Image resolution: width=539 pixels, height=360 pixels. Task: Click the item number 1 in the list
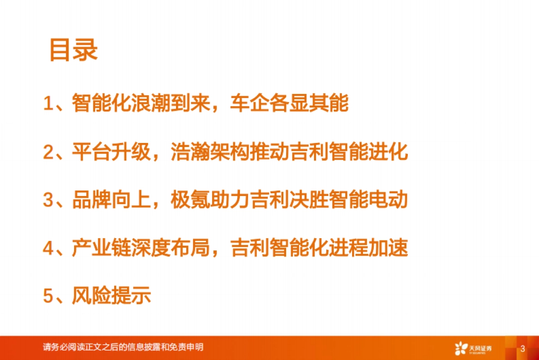pos(48,104)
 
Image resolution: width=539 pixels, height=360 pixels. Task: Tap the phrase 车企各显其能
pos(289,104)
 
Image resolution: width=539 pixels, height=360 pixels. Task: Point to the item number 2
pos(48,152)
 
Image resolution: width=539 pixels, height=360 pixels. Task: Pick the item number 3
pos(48,200)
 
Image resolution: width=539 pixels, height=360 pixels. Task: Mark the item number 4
pos(48,248)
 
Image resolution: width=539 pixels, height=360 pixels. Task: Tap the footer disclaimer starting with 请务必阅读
pos(123,347)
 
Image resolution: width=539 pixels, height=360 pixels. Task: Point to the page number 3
pos(522,349)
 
